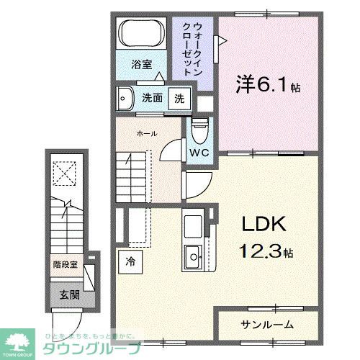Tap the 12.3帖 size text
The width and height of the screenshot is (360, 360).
264,253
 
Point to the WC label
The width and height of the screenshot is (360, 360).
199,153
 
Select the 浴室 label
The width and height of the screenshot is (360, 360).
141,64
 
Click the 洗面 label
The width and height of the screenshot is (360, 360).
150,99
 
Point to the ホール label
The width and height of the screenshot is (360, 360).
146,134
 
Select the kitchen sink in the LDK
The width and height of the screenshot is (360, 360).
194,254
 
